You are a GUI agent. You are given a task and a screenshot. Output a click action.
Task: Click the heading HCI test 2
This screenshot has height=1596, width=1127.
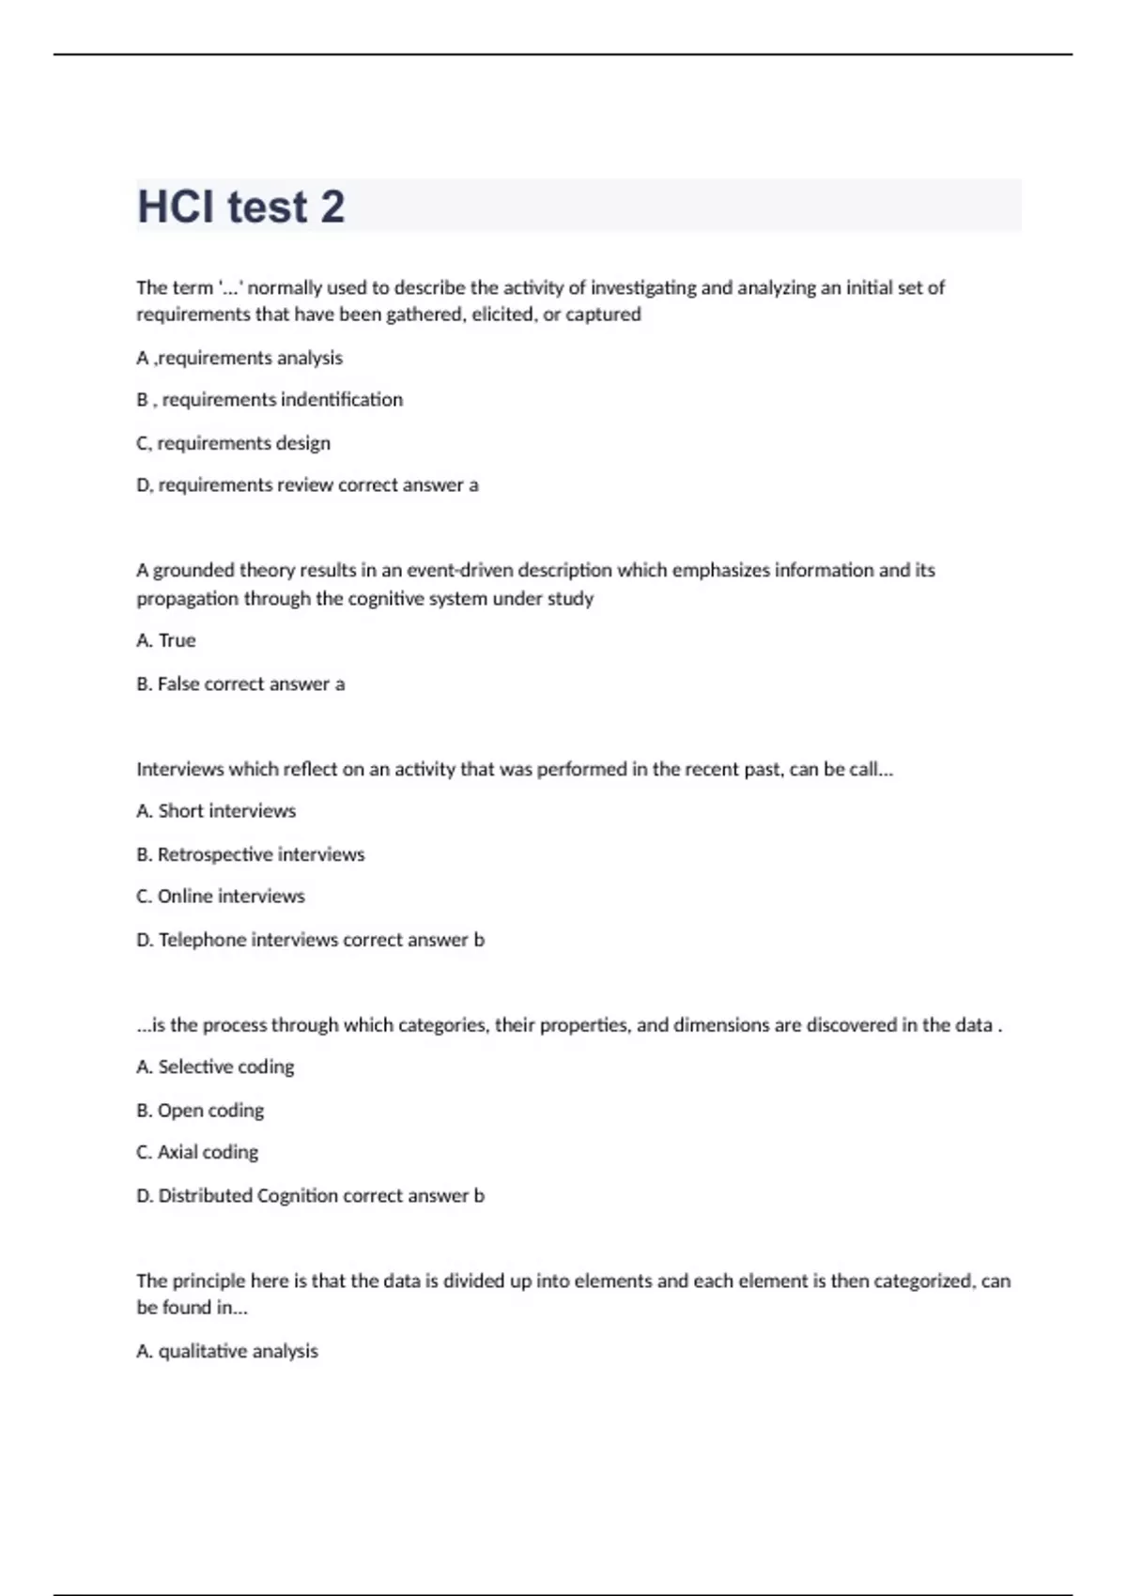click(x=241, y=207)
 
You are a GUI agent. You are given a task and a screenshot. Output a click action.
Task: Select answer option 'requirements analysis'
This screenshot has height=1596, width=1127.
click(x=249, y=358)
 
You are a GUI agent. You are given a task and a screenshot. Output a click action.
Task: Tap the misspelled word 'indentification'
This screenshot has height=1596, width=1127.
click(x=342, y=400)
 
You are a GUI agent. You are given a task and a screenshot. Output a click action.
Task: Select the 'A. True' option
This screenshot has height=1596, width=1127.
click(x=166, y=640)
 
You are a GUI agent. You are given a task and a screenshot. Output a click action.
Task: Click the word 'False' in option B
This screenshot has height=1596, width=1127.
click(x=178, y=684)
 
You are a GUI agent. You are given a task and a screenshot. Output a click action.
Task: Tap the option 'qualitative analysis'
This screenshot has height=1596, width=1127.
click(x=238, y=1351)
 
